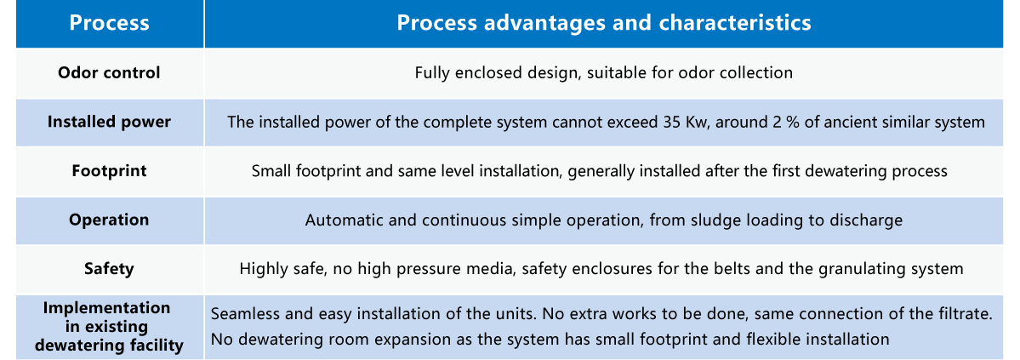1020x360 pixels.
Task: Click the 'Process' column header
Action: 109,24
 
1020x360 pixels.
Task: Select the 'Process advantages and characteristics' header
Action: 604,24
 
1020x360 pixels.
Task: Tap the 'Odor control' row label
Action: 109,72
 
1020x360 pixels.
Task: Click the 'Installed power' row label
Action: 109,122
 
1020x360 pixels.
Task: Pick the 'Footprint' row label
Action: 109,171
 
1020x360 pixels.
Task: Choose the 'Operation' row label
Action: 109,220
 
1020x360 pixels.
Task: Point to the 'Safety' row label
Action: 109,269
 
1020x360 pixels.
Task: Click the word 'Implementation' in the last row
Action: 106,308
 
